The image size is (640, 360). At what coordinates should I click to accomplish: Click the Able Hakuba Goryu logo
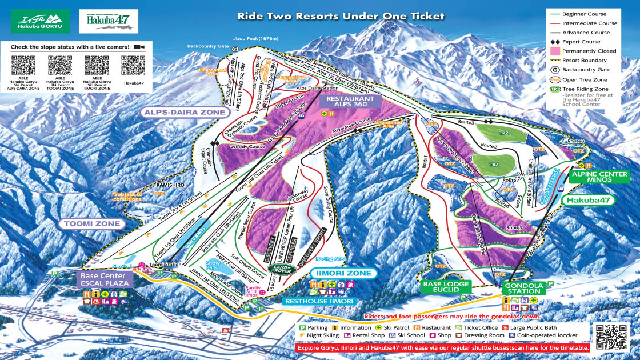[x=39, y=21]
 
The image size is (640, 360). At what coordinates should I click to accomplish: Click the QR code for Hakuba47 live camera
[x=133, y=65]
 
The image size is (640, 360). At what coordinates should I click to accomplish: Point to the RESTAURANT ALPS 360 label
[x=350, y=102]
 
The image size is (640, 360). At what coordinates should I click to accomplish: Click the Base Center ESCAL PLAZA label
[x=104, y=279]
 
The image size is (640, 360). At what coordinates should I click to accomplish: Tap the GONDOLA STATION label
[x=521, y=287]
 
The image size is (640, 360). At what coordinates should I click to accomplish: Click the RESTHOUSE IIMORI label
[x=319, y=301]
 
